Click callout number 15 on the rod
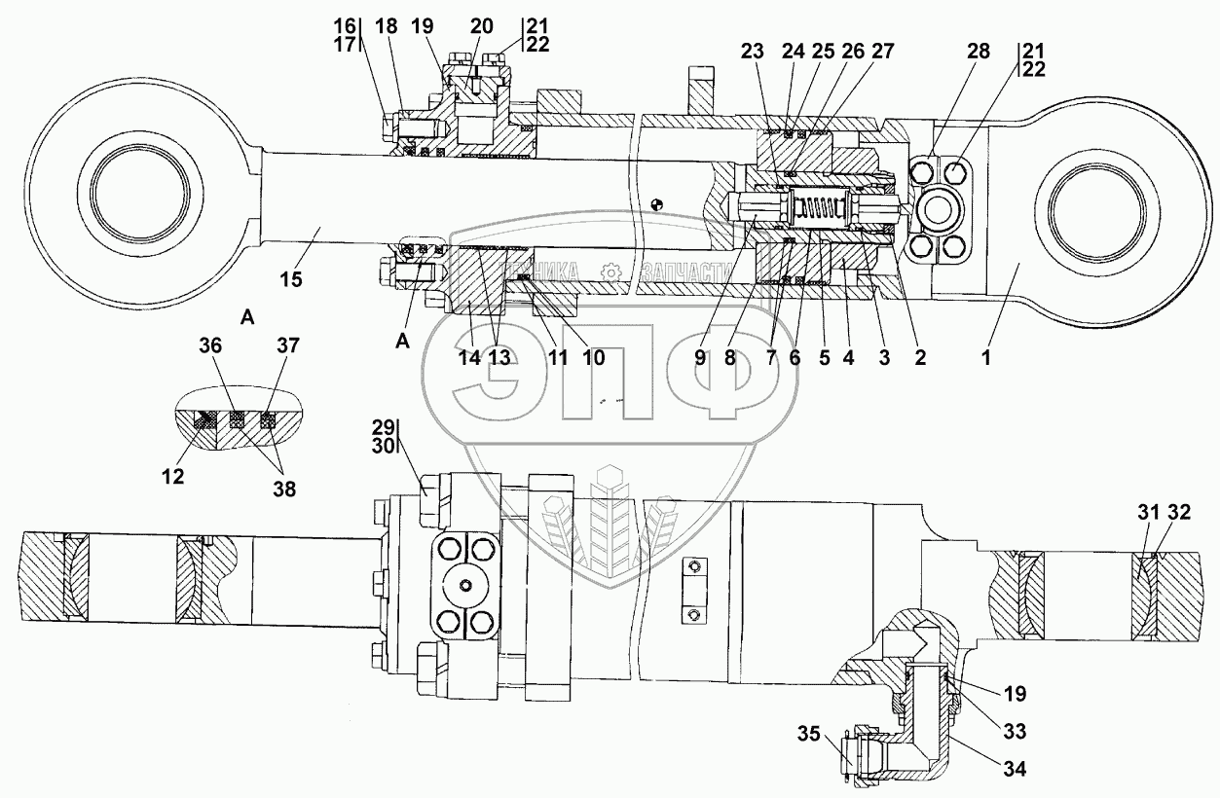(291, 280)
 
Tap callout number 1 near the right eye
(985, 357)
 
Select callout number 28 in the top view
(979, 52)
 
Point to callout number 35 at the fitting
(809, 734)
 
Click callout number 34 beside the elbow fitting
(1015, 769)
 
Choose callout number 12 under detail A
(172, 477)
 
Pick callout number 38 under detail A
(284, 490)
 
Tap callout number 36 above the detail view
(210, 345)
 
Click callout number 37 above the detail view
(288, 345)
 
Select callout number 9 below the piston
(700, 357)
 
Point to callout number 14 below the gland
(469, 357)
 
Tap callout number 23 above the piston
(752, 52)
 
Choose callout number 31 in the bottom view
(1148, 512)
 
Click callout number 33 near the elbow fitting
(1015, 732)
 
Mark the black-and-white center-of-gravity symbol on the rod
(657, 205)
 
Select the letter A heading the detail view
(247, 317)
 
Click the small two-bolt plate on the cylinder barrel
(693, 590)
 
